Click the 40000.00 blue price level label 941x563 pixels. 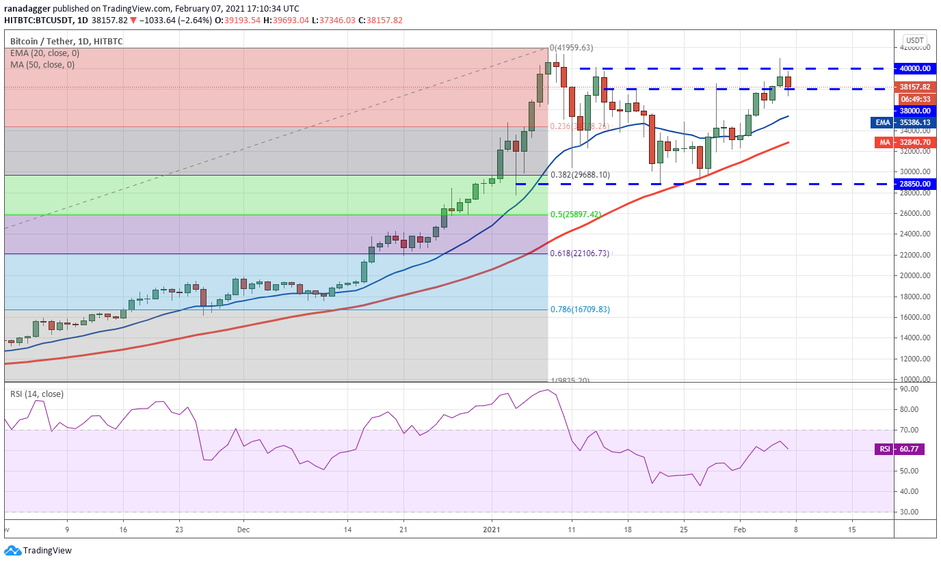(x=915, y=68)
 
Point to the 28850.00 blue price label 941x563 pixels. (x=915, y=184)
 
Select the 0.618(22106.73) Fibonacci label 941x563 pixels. (x=580, y=253)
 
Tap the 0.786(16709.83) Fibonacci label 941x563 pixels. (x=580, y=310)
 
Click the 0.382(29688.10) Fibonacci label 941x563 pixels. (x=580, y=175)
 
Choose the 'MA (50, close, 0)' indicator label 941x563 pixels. (x=42, y=65)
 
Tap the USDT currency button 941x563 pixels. (x=914, y=40)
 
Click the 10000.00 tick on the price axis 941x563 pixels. (x=915, y=379)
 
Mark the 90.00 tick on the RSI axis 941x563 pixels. (x=910, y=389)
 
